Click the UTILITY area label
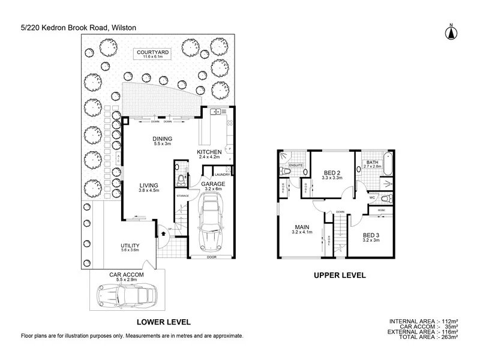pos(130,246)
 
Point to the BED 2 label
pos(332,172)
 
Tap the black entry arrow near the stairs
pos(163,229)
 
